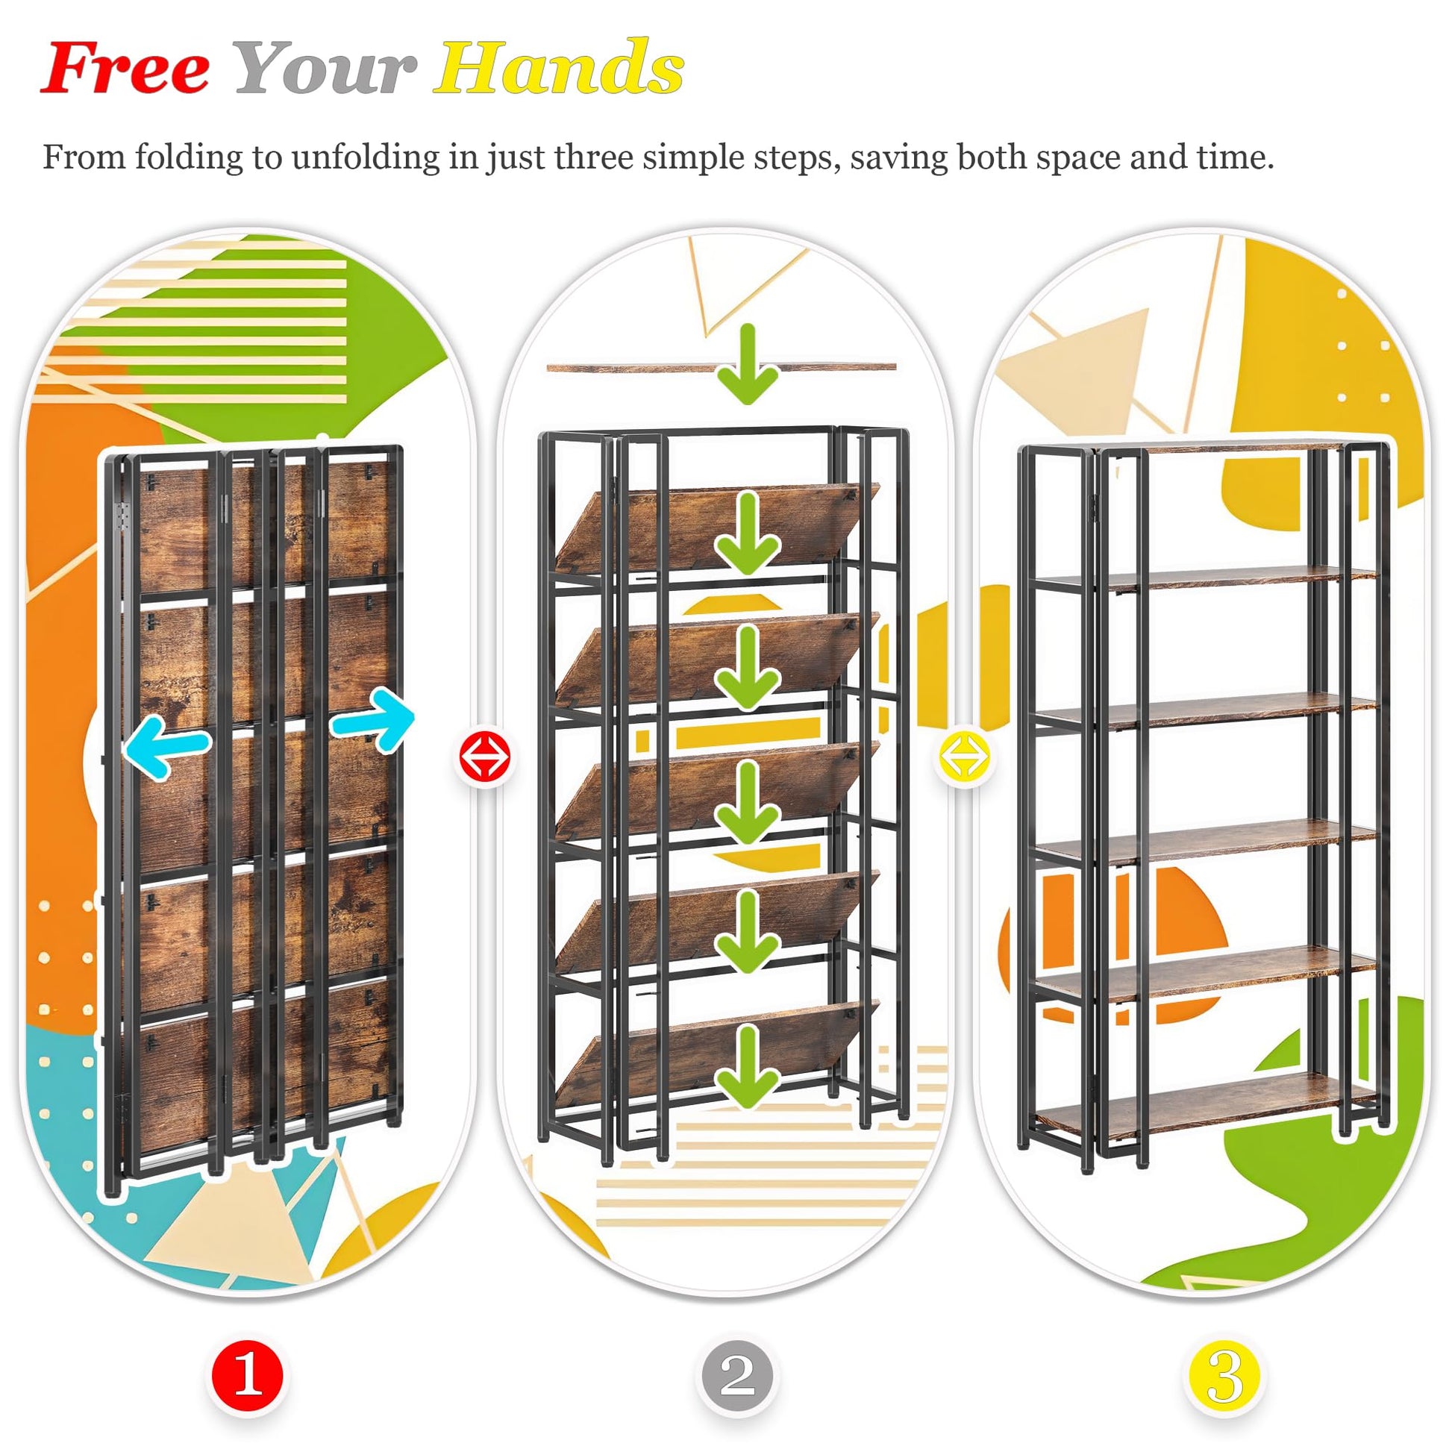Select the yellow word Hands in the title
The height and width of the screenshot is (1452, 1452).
(558, 68)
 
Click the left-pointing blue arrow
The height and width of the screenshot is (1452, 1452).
(166, 745)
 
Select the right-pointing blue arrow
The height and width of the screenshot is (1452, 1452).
(373, 719)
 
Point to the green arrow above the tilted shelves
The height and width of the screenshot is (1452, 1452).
(746, 365)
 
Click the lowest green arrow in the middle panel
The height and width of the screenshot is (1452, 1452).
(746, 1068)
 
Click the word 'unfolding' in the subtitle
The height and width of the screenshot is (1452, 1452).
(366, 158)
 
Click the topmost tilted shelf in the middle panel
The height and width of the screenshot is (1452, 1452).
(718, 530)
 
